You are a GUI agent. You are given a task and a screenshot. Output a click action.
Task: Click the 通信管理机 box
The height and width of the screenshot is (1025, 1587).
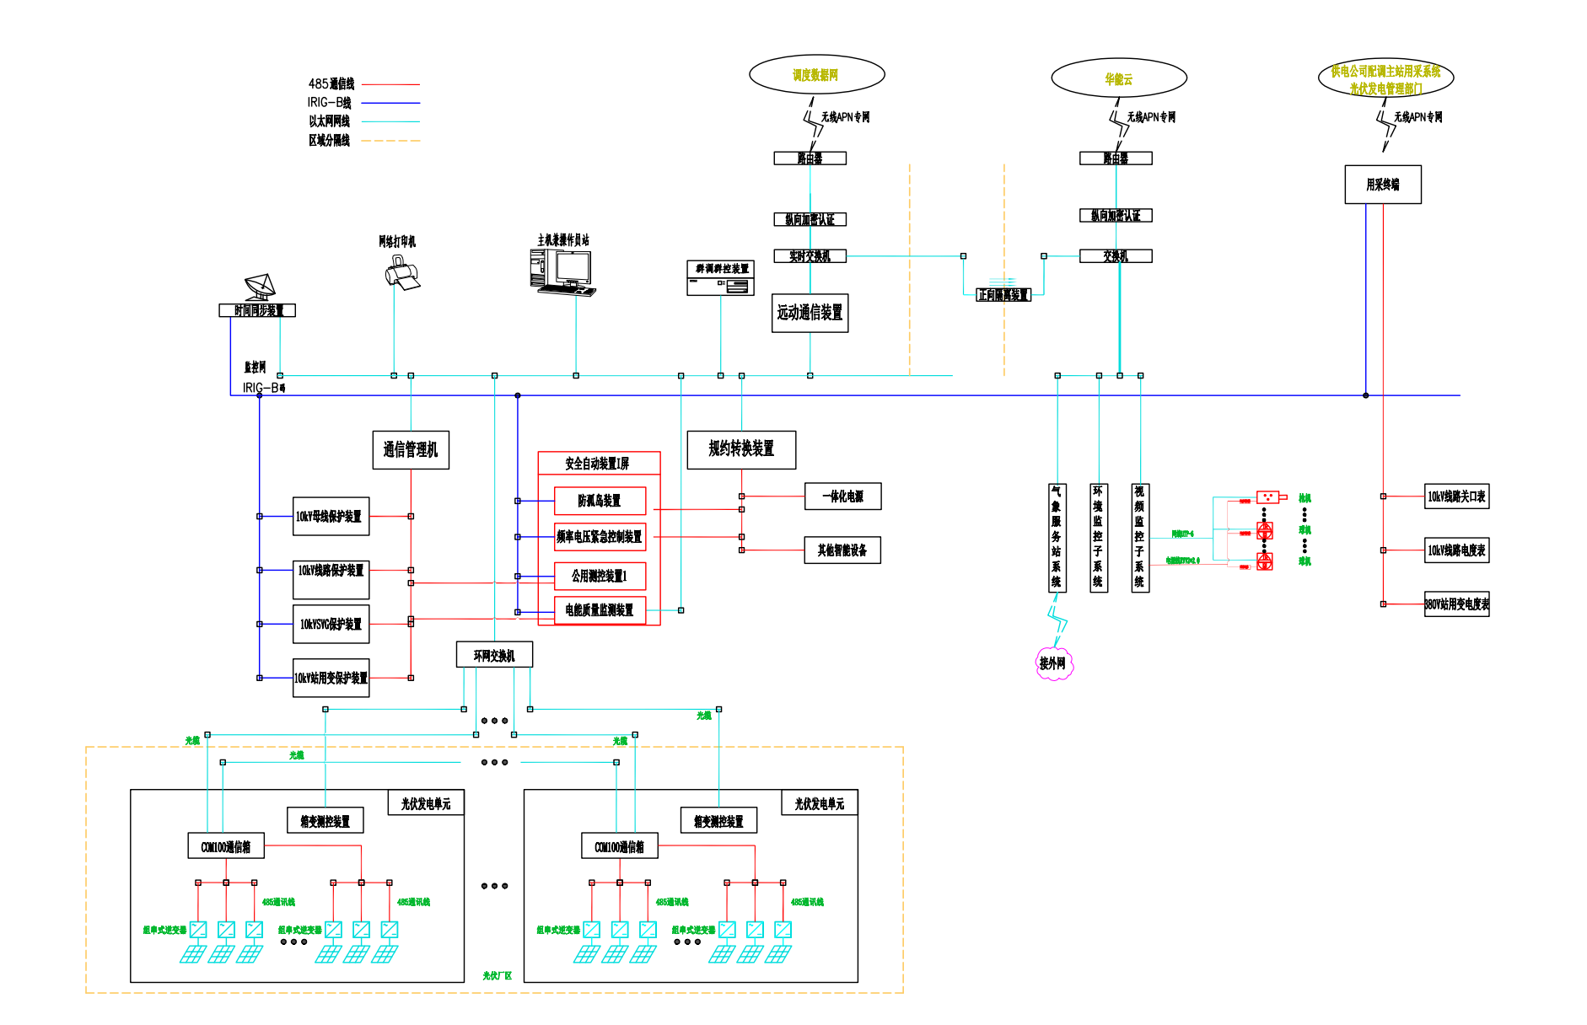click(x=411, y=450)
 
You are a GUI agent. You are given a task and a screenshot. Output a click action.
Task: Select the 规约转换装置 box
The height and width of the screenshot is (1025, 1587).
click(x=741, y=449)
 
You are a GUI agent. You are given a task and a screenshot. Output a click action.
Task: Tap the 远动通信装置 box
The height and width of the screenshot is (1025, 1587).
click(x=810, y=313)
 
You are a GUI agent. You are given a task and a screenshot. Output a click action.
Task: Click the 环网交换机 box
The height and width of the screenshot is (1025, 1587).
click(x=494, y=655)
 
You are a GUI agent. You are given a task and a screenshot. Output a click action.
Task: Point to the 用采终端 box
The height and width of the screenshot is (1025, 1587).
click(x=1382, y=185)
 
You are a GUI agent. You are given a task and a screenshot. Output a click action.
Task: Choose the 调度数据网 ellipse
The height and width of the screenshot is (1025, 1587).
click(x=816, y=75)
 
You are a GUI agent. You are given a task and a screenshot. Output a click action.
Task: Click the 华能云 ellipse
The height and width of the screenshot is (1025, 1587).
click(x=1118, y=78)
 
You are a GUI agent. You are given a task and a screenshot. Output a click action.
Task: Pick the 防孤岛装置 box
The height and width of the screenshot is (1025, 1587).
click(x=600, y=501)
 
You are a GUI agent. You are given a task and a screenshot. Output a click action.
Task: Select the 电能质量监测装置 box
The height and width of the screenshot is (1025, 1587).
click(x=600, y=610)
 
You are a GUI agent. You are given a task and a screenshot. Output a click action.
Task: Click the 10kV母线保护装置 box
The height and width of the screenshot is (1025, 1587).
click(x=331, y=516)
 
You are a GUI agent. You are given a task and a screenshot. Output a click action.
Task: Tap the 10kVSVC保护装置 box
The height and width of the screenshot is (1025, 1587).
click(x=331, y=624)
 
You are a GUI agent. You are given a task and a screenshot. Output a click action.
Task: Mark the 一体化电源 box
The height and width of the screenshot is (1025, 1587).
click(x=842, y=496)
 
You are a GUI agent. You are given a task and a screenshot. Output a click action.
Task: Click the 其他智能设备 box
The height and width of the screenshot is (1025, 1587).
click(x=842, y=550)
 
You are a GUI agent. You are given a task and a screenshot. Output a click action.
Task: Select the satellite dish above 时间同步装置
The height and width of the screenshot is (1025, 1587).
click(x=260, y=287)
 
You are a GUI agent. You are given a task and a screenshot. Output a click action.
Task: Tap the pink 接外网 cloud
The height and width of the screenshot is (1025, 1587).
click(x=1053, y=663)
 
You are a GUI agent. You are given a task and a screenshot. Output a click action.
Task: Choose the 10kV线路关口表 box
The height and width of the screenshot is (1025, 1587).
click(x=1456, y=496)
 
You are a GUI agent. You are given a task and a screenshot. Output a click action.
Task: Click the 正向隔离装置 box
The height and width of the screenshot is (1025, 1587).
click(x=1003, y=295)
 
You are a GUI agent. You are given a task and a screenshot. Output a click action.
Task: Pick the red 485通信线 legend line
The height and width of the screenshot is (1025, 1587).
click(x=390, y=84)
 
